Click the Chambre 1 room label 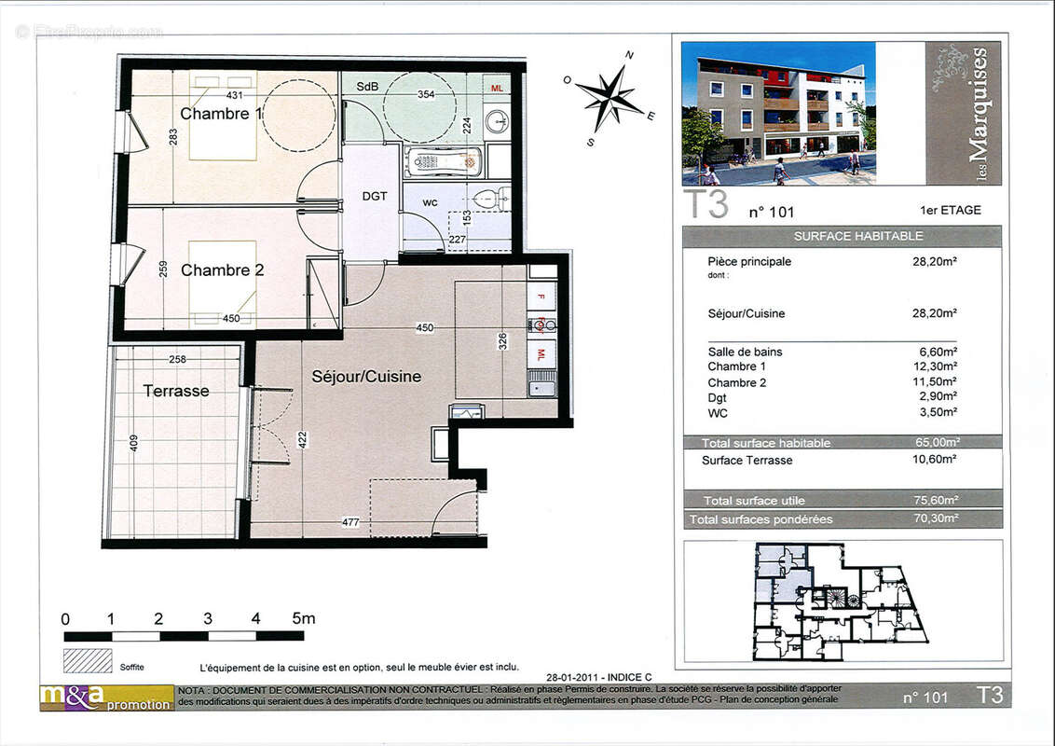point(221,114)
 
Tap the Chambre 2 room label point(222,270)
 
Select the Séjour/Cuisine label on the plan point(366,377)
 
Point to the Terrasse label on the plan point(175,391)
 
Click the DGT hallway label point(374,197)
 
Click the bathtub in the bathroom point(444,162)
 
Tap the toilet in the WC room point(489,198)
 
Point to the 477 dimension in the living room point(350,523)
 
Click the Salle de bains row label point(745,352)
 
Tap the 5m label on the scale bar point(304,618)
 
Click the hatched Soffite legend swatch point(87,661)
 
